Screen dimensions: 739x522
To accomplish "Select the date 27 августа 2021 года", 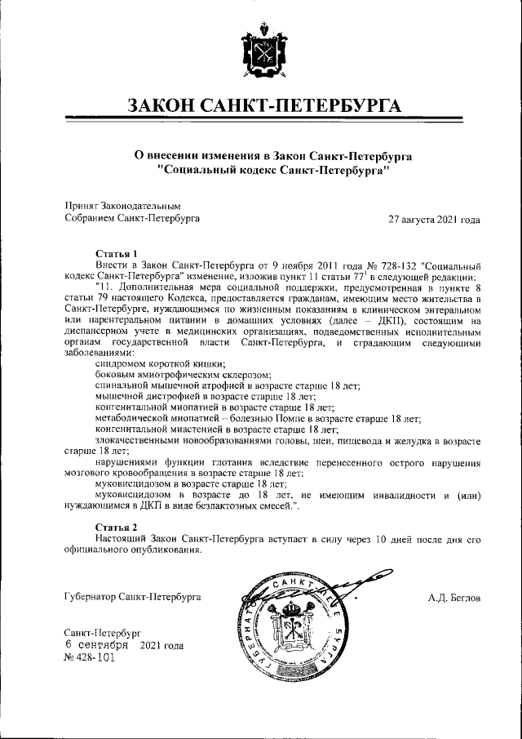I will pyautogui.click(x=434, y=219).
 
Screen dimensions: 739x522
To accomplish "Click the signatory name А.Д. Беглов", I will pyautogui.click(x=453, y=598).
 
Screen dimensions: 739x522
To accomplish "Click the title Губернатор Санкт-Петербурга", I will pyautogui.click(x=132, y=598).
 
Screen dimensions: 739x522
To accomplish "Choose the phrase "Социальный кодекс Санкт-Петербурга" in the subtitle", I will pyautogui.click(x=272, y=171).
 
